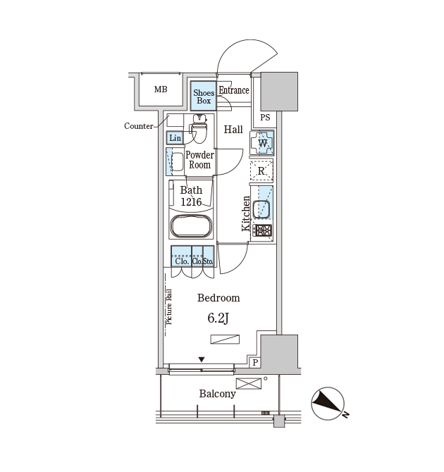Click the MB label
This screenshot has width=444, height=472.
click(161, 89)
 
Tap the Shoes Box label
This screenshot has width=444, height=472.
click(204, 97)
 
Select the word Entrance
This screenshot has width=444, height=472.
click(234, 90)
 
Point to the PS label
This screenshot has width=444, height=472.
click(265, 118)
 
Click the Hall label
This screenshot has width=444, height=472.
click(233, 130)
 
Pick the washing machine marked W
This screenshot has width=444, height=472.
click(261, 143)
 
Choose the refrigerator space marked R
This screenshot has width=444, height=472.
click(261, 170)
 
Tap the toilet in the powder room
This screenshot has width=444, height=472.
click(199, 128)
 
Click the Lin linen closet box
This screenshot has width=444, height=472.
click(175, 138)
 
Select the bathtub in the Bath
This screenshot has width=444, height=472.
click(191, 226)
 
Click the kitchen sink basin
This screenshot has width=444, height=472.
click(261, 209)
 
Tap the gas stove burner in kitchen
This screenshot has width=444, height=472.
click(262, 231)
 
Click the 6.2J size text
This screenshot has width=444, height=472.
click(218, 318)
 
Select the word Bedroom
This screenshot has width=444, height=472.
click(218, 298)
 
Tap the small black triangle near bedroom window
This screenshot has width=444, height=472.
click(202, 359)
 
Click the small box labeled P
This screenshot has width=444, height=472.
click(255, 362)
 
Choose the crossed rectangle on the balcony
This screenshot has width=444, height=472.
click(249, 383)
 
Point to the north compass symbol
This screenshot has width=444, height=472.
click(328, 404)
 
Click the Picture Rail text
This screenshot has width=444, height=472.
click(169, 306)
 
